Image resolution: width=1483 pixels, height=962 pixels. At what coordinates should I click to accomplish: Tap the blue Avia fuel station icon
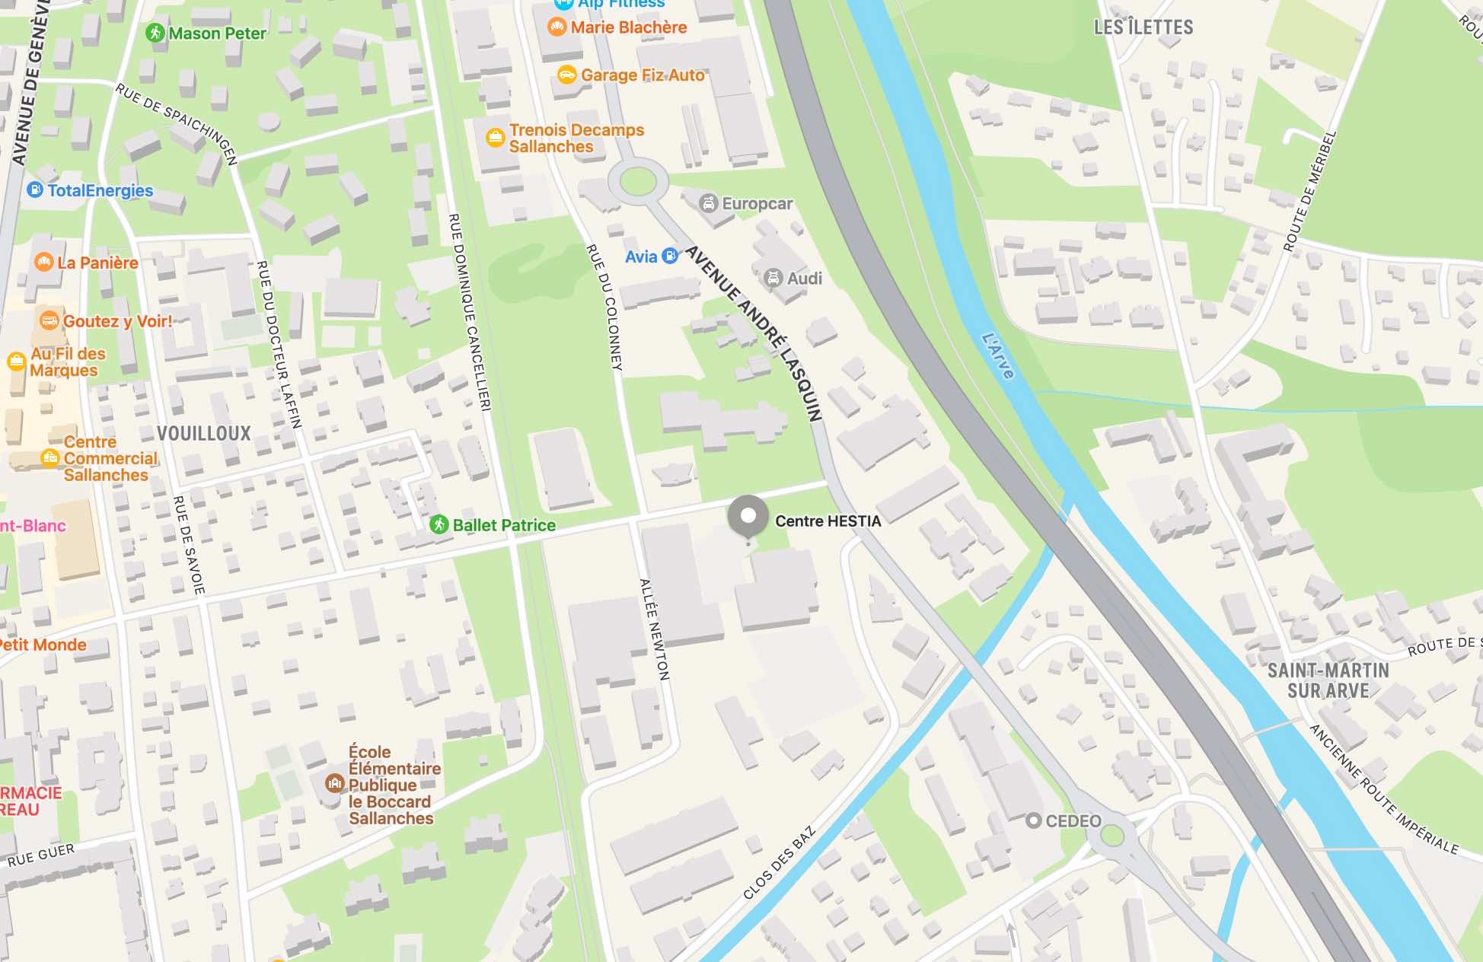click(670, 256)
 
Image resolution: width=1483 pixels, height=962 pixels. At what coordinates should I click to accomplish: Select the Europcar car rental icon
click(709, 203)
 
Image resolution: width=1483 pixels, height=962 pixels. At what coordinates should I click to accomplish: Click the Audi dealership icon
click(773, 279)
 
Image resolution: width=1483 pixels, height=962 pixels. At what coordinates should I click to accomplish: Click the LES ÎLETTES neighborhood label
click(1143, 27)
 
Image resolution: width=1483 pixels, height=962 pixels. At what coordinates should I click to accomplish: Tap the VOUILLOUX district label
click(203, 434)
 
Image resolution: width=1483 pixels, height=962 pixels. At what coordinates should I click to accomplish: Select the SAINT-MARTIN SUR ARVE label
click(1328, 680)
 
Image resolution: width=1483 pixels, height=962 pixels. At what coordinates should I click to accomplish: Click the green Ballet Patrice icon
click(439, 524)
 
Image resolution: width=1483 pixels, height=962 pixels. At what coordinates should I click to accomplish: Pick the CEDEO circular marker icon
click(1033, 820)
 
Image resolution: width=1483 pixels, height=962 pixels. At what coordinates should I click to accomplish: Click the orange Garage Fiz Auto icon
click(566, 75)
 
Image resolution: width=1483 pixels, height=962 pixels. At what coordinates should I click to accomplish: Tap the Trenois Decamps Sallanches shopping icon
click(496, 138)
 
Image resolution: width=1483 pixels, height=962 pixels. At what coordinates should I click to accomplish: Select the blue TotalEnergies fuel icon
click(35, 190)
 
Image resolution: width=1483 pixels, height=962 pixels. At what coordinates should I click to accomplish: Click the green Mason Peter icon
click(155, 33)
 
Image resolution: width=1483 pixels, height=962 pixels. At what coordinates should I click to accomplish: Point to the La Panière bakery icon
click(44, 263)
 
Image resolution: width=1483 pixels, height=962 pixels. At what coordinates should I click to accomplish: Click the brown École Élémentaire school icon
click(334, 784)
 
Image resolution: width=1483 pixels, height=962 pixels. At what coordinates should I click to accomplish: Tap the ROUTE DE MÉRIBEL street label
click(1309, 191)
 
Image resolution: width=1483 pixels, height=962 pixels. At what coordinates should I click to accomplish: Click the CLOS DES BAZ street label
click(779, 863)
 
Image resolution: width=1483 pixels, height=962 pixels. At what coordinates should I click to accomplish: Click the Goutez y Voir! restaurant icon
click(49, 321)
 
